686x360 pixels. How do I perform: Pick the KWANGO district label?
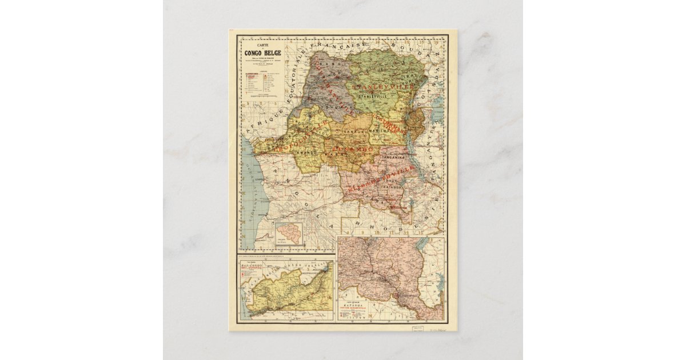click(309, 153)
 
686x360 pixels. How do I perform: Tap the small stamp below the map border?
click(419, 329)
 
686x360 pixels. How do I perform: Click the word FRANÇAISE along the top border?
click(345, 45)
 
